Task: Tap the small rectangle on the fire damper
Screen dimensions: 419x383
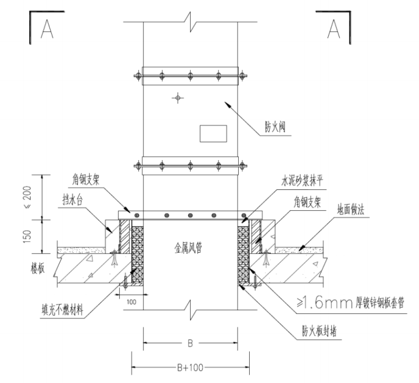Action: [212, 133]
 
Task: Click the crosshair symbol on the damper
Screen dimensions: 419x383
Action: [177, 98]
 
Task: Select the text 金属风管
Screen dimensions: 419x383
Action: [185, 248]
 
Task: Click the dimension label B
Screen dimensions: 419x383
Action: [190, 343]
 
